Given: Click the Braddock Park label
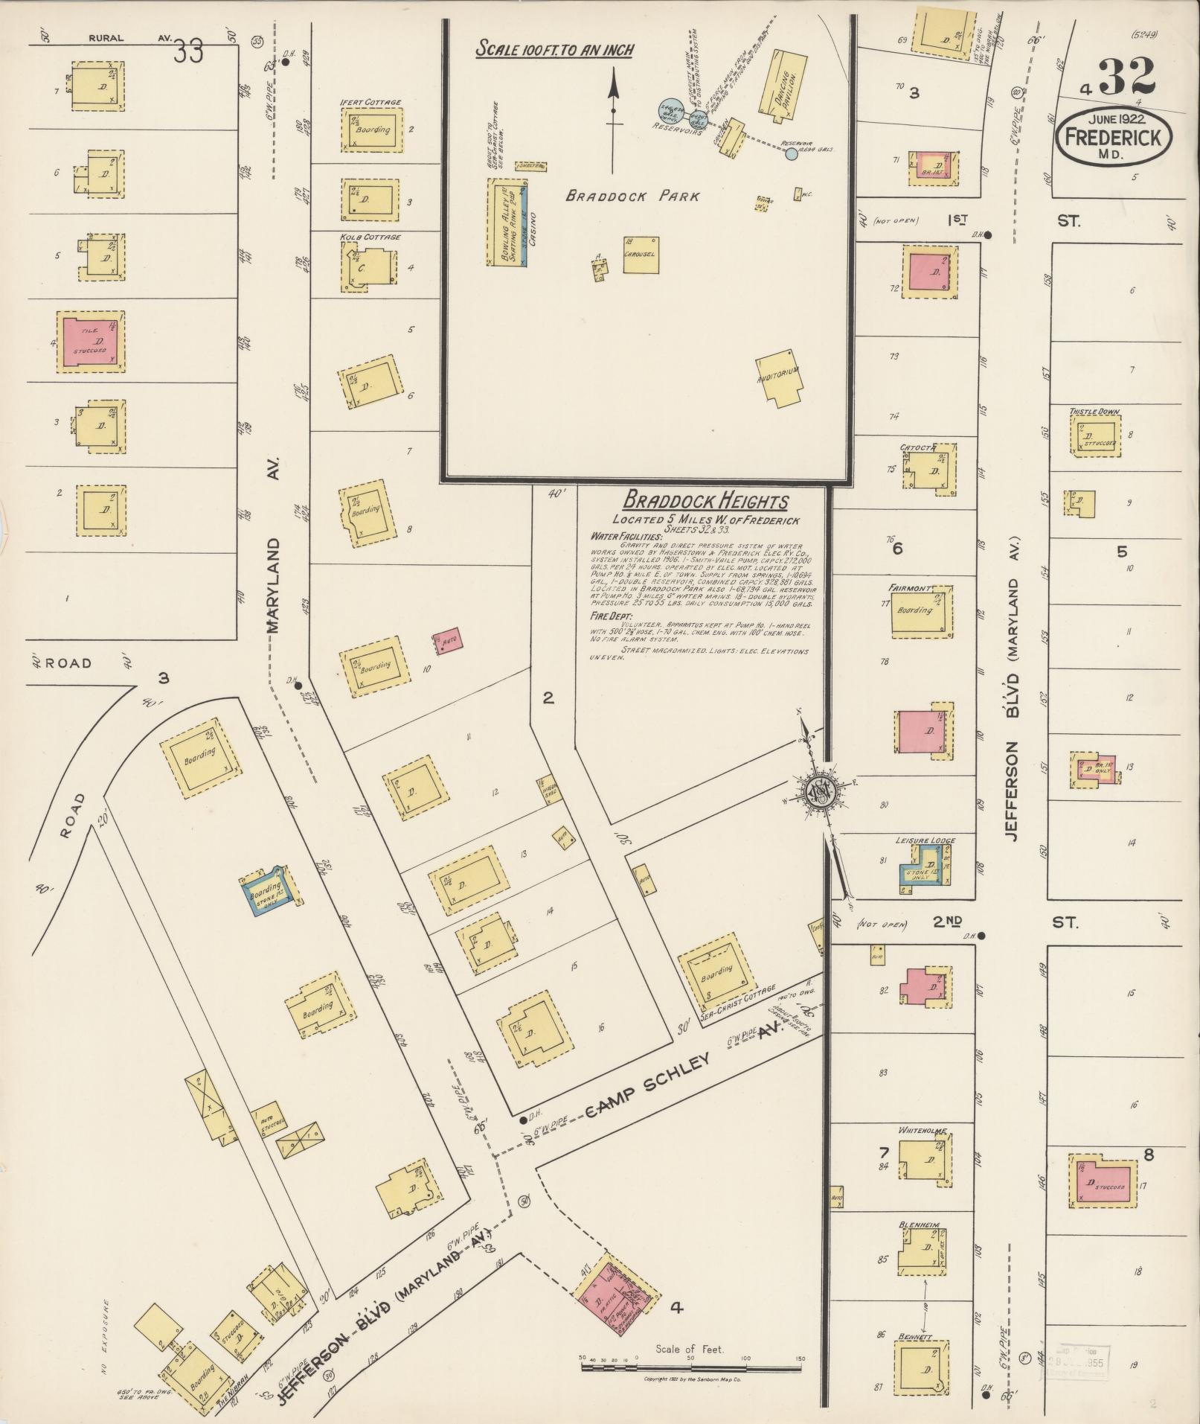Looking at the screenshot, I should [632, 197].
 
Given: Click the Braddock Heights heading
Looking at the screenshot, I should [705, 501].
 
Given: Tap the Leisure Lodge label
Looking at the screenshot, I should [925, 840].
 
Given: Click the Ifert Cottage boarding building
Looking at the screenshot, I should [372, 130].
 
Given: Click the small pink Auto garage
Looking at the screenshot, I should [449, 639].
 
